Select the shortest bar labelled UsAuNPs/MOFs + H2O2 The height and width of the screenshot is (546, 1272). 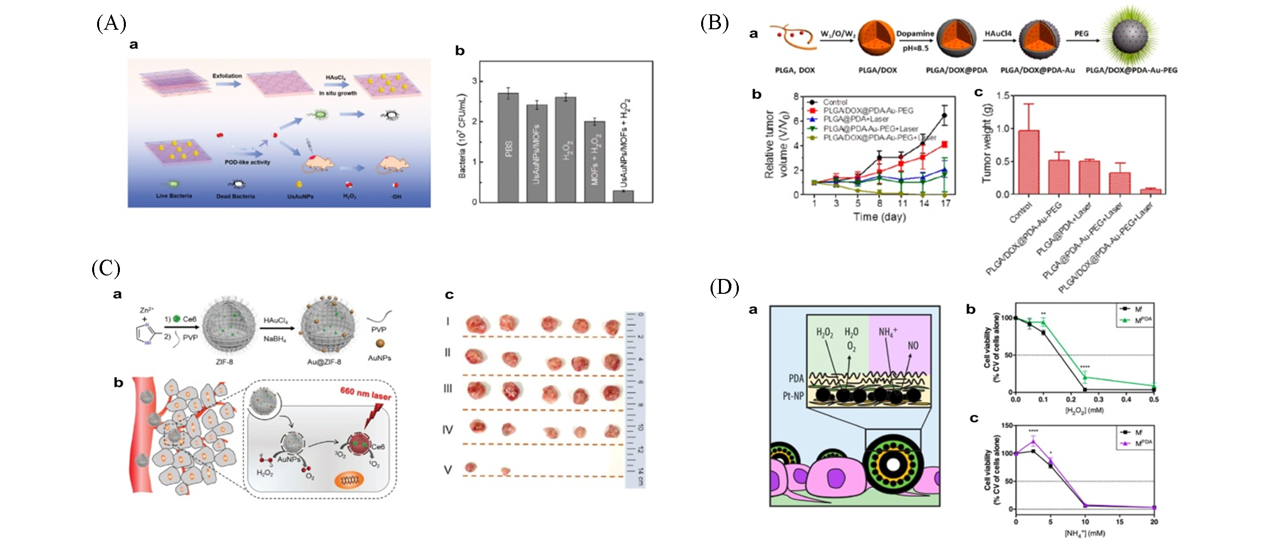click(x=623, y=196)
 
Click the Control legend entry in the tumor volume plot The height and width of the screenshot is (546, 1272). click(x=835, y=102)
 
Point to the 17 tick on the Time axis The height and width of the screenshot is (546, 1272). click(x=945, y=203)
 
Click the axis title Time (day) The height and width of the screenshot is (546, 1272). click(x=880, y=217)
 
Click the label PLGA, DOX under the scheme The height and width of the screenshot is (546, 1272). click(x=795, y=70)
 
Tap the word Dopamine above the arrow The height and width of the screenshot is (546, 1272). click(x=915, y=34)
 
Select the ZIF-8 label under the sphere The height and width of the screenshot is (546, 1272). click(x=224, y=362)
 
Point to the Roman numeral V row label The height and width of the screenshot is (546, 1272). click(x=447, y=470)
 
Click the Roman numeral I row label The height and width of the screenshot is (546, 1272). click(x=447, y=322)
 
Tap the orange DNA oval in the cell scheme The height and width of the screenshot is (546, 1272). click(x=349, y=480)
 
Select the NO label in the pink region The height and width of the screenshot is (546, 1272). click(x=912, y=345)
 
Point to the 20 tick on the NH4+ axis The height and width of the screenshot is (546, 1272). click(x=1154, y=522)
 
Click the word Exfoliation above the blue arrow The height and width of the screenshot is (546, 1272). click(x=227, y=76)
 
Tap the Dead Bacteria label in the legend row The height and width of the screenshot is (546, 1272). click(x=235, y=196)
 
